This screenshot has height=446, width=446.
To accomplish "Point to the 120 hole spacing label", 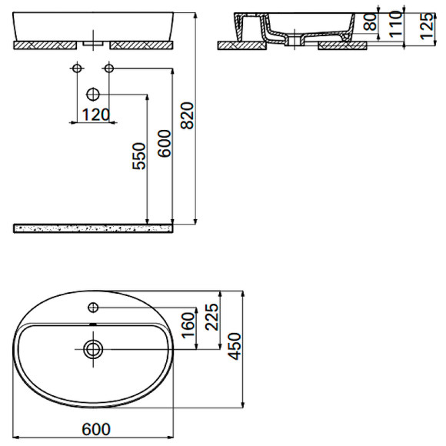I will [x=92, y=115].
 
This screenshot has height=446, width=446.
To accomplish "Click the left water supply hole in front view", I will [x=76, y=70].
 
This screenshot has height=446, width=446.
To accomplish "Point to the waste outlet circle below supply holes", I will [x=93, y=95].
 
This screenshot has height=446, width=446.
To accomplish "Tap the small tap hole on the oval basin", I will [x=93, y=308].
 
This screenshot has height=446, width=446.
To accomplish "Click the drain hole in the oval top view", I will [x=93, y=349].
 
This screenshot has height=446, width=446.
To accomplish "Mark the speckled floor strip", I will [x=92, y=228].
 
